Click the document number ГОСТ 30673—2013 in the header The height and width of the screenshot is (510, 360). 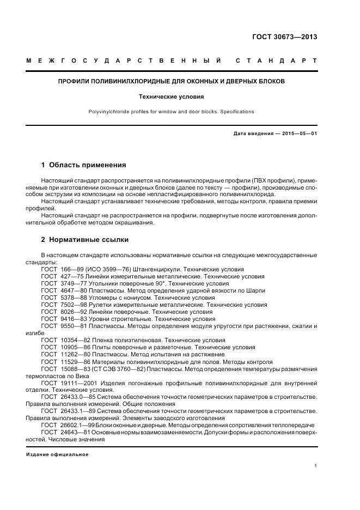[x=284, y=37]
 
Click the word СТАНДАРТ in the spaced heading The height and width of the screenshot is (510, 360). [x=276, y=61]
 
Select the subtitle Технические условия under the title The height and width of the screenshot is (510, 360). [x=180, y=96]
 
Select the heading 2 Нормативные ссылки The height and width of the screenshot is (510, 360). [x=85, y=239]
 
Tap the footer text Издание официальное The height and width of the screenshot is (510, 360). [x=57, y=454]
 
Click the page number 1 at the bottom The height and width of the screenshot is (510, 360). [x=315, y=466]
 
